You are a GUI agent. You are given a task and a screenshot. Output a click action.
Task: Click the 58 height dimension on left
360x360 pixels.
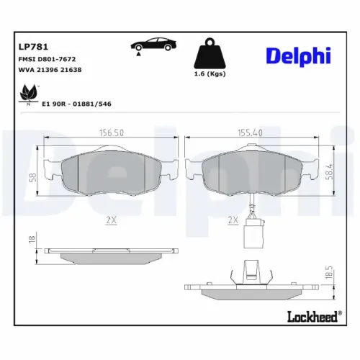(x=32, y=177)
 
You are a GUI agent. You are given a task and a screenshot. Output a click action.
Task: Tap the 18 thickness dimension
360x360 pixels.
(x=31, y=239)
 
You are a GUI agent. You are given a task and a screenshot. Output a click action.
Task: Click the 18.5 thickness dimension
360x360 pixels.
(x=330, y=276)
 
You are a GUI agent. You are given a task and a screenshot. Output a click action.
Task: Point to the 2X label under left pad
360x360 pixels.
(x=111, y=221)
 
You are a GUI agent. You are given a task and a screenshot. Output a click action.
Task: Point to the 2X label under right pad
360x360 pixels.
(x=233, y=221)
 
